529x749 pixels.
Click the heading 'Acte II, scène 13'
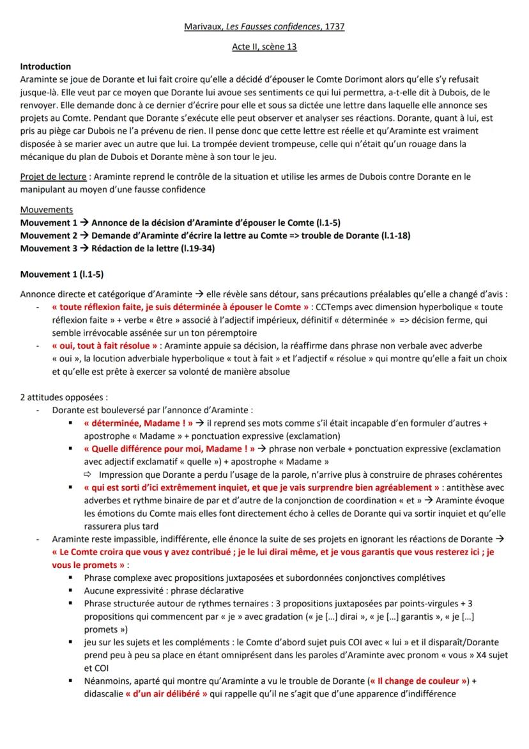click(264, 47)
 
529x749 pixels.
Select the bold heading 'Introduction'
click(45, 67)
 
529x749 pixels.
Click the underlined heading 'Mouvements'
click(47, 210)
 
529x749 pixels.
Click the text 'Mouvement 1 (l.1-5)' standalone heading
click(62, 274)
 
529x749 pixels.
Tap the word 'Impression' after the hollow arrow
click(122, 475)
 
